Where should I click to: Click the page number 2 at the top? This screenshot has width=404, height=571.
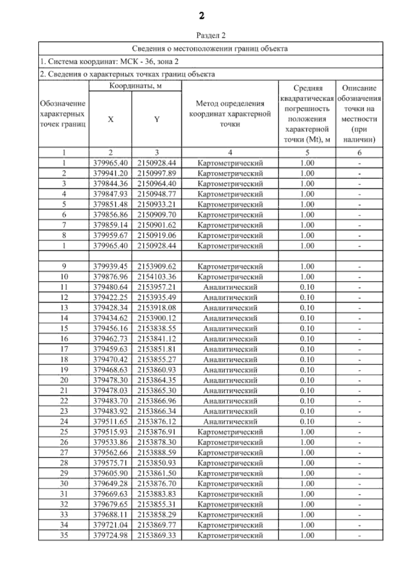201,16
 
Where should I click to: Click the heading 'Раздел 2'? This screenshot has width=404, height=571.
211,35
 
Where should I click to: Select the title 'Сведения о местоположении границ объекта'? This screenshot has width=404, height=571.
210,48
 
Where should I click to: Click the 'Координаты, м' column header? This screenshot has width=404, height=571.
135,86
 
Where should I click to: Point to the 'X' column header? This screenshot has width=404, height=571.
110,119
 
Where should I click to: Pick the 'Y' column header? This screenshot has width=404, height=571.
157,119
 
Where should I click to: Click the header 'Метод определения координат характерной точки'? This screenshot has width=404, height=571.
230,114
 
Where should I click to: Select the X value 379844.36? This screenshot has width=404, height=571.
110,184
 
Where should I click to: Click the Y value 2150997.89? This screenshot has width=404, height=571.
157,173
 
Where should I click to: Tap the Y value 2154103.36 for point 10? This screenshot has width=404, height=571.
157,277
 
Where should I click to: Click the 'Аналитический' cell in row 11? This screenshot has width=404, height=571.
230,287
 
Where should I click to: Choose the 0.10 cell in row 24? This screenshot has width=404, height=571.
307,422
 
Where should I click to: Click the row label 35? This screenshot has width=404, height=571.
64,535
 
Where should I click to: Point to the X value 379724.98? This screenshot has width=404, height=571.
110,535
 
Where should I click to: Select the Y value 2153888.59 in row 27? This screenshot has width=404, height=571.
157,453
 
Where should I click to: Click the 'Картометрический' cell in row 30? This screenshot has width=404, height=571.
230,484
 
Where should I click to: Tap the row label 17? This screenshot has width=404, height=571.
64,349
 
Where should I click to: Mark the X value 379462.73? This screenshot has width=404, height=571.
110,339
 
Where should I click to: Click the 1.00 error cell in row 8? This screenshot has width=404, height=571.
307,236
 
